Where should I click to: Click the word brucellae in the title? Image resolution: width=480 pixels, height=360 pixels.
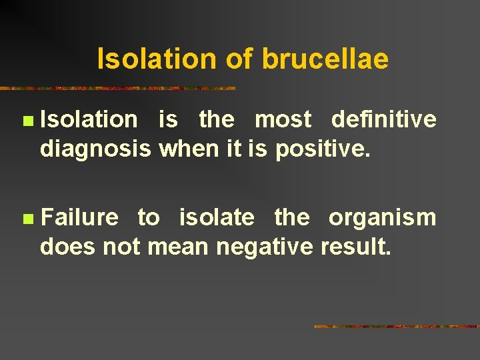(x=325, y=59)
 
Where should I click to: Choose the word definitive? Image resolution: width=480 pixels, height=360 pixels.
(x=383, y=119)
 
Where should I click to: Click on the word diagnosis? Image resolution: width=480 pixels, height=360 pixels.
(x=95, y=149)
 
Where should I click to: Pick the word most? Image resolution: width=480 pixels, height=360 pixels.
(x=283, y=119)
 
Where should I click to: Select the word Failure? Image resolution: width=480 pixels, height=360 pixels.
(x=79, y=217)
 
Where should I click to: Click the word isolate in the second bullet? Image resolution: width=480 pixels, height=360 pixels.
(x=217, y=217)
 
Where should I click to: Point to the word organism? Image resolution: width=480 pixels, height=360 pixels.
(x=382, y=217)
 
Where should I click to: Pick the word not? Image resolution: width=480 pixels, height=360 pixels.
(x=121, y=247)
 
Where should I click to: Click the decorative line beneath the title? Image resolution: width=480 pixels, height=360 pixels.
(x=117, y=88)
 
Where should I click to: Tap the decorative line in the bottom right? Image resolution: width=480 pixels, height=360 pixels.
(x=396, y=327)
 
